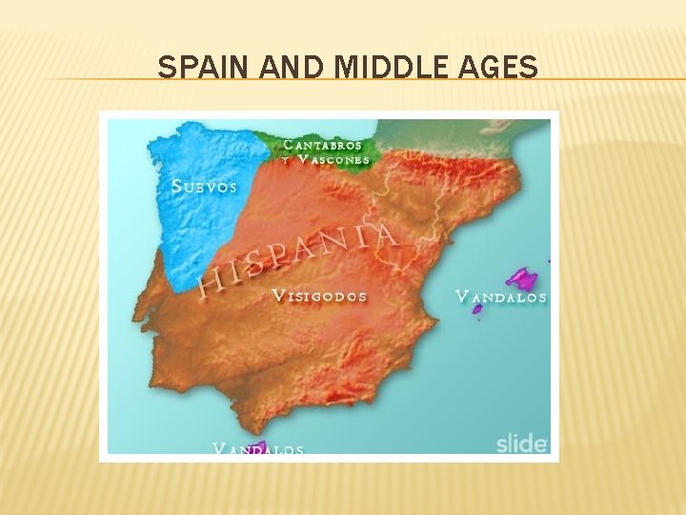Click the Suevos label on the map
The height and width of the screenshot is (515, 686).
point(204,186)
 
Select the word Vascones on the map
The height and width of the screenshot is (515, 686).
point(333,160)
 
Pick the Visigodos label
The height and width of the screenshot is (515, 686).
point(320,296)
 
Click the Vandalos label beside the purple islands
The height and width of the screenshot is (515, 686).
point(501,297)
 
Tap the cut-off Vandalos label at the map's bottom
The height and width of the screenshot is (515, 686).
point(258,448)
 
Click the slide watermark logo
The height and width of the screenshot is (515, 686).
point(521,443)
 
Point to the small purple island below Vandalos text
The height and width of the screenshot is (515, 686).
point(477,309)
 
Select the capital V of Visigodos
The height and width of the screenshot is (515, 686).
point(278,296)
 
